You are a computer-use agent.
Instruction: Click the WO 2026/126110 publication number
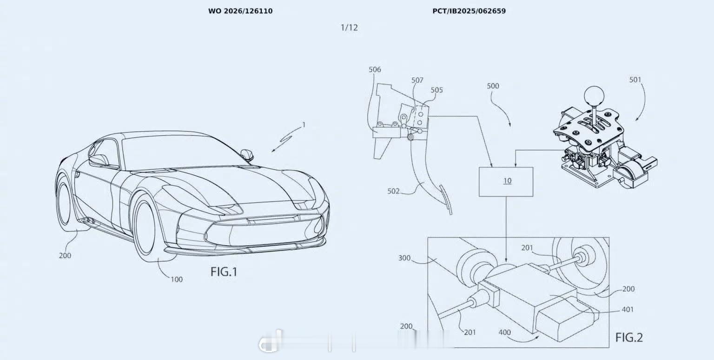click(x=240, y=11)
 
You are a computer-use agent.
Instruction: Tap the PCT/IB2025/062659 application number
click(x=469, y=11)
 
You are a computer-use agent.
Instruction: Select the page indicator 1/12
click(x=349, y=28)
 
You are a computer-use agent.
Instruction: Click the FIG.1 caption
click(x=224, y=272)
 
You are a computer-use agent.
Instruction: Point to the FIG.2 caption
click(x=629, y=337)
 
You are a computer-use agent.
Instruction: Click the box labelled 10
click(x=506, y=182)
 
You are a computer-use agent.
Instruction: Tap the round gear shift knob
click(x=594, y=95)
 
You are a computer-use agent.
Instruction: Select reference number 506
click(x=375, y=69)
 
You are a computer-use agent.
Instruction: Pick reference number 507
click(x=417, y=80)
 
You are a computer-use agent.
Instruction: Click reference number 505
click(x=436, y=90)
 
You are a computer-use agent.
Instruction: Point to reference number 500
click(x=493, y=86)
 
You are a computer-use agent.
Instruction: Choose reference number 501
click(x=635, y=80)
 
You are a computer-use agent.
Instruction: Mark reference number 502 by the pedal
click(x=393, y=191)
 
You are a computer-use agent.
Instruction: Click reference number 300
click(x=404, y=258)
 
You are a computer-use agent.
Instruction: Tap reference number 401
click(x=628, y=310)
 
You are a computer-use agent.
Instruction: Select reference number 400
click(x=504, y=333)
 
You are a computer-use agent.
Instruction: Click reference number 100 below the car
click(x=177, y=280)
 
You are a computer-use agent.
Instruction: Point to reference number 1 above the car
click(x=304, y=125)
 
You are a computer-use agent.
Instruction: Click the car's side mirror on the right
click(x=247, y=155)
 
